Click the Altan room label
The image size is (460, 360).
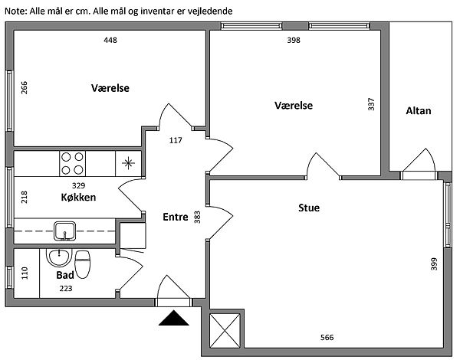click(419, 111)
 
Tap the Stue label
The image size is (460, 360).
click(309, 208)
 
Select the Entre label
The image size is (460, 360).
click(176, 217)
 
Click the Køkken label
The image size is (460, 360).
click(78, 197)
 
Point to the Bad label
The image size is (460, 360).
click(65, 275)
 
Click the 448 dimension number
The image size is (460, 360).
click(110, 40)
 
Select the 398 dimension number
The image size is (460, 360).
click(294, 40)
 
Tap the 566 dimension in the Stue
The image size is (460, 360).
click(327, 338)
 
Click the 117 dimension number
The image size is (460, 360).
click(176, 140)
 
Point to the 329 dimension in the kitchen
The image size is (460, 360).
click(78, 185)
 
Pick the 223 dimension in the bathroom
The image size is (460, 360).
click(66, 289)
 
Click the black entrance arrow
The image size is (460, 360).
click(174, 318)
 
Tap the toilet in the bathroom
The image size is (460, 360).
click(83, 264)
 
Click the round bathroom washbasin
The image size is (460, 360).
click(59, 258)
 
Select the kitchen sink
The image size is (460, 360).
click(65, 231)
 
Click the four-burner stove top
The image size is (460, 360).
click(73, 164)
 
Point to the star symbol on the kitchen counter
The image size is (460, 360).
click(128, 163)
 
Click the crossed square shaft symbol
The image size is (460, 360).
click(225, 330)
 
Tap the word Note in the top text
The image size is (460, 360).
click(15, 11)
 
